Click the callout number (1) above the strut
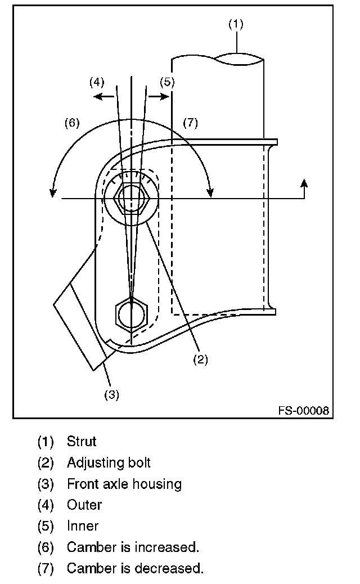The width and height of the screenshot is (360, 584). [236, 24]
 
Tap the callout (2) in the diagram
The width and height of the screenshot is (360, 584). [200, 360]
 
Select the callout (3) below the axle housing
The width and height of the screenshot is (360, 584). [111, 395]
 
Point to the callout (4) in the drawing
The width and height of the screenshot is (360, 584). [97, 82]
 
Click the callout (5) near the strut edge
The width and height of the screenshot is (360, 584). [167, 82]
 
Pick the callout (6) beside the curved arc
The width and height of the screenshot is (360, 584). [72, 123]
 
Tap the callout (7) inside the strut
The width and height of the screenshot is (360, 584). [190, 123]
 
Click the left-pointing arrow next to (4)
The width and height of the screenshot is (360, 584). [104, 97]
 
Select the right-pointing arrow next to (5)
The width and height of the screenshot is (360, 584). [159, 96]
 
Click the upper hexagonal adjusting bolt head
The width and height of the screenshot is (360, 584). [132, 199]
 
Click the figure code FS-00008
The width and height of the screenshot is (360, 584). [304, 411]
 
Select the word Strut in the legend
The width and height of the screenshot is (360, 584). [82, 441]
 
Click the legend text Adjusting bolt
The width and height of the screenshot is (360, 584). [109, 462]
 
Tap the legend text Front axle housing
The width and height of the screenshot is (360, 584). [124, 484]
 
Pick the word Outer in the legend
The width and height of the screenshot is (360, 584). [84, 505]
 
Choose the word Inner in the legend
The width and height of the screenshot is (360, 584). [83, 526]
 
